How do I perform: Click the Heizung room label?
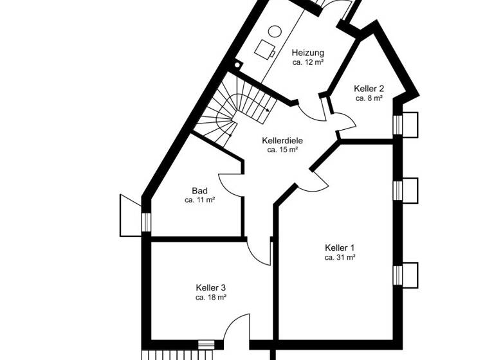pos(307,53)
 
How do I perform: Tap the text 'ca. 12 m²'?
pos(307,62)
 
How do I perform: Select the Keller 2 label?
pos(369,89)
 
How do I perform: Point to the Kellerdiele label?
pos(282,140)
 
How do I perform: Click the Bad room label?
pos(199,191)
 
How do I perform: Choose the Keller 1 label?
pos(340,248)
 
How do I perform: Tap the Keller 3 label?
pos(210,288)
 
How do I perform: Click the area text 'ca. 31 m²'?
pos(340,257)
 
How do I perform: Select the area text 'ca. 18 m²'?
pos(210,298)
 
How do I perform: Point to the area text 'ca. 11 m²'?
pos(199,201)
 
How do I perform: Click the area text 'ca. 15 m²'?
pos(282,150)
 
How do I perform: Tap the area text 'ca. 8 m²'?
pos(369,98)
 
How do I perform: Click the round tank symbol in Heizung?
pos(275,30)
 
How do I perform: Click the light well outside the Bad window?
pos(131,213)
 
